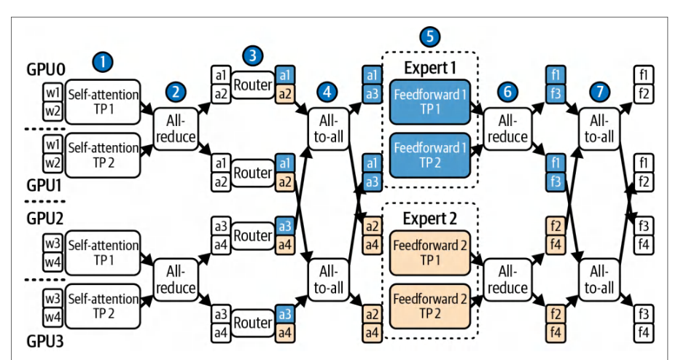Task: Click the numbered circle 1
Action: point(103,62)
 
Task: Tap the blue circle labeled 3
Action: point(253,56)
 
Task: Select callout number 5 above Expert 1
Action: point(430,36)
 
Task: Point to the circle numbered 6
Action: point(507,92)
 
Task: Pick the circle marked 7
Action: point(599,92)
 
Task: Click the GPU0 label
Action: point(46,69)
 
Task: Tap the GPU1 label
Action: point(44,185)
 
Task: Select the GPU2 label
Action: point(45,218)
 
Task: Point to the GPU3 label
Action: point(45,341)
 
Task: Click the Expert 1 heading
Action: point(430,68)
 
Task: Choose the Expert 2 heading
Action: point(430,219)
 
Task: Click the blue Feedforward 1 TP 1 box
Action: point(430,102)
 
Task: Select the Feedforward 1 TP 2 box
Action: point(430,155)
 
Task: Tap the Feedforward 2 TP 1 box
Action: point(430,253)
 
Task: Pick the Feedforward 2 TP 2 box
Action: point(430,306)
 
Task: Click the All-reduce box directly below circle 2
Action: point(176,129)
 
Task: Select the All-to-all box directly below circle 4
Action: point(329,129)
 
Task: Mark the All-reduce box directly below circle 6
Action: point(507,129)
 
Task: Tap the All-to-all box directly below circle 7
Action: point(599,129)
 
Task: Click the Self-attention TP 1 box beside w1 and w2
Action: point(103,102)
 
